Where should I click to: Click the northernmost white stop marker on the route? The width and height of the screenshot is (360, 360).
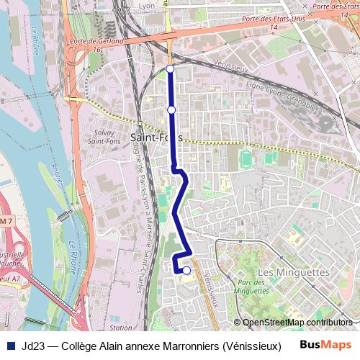coord(170,68)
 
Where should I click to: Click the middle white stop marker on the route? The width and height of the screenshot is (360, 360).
coord(171,109)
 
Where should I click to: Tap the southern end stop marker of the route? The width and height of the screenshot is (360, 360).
coord(186,271)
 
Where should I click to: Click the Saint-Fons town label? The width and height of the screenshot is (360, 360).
coord(156,137)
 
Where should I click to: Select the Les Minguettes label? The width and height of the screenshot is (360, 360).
coord(293,272)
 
